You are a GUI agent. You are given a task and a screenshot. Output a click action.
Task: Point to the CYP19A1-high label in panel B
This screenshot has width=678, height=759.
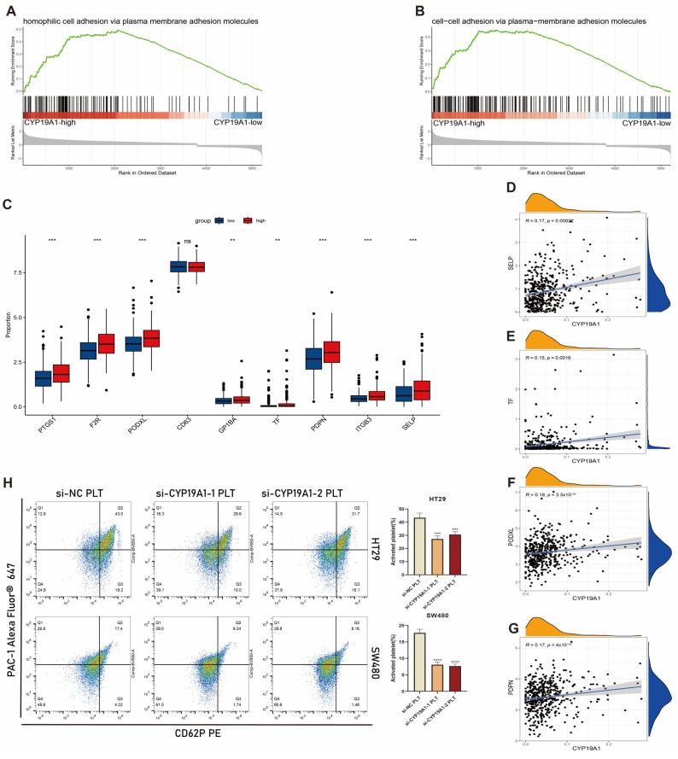pyautogui.click(x=463, y=125)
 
